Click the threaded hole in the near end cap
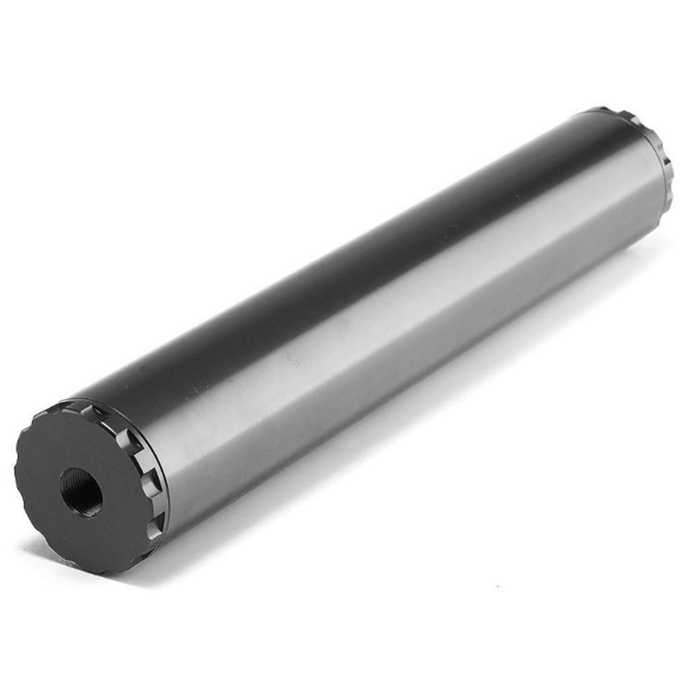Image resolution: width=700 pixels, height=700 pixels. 81,491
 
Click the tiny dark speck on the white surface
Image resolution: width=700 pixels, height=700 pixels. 498,586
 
